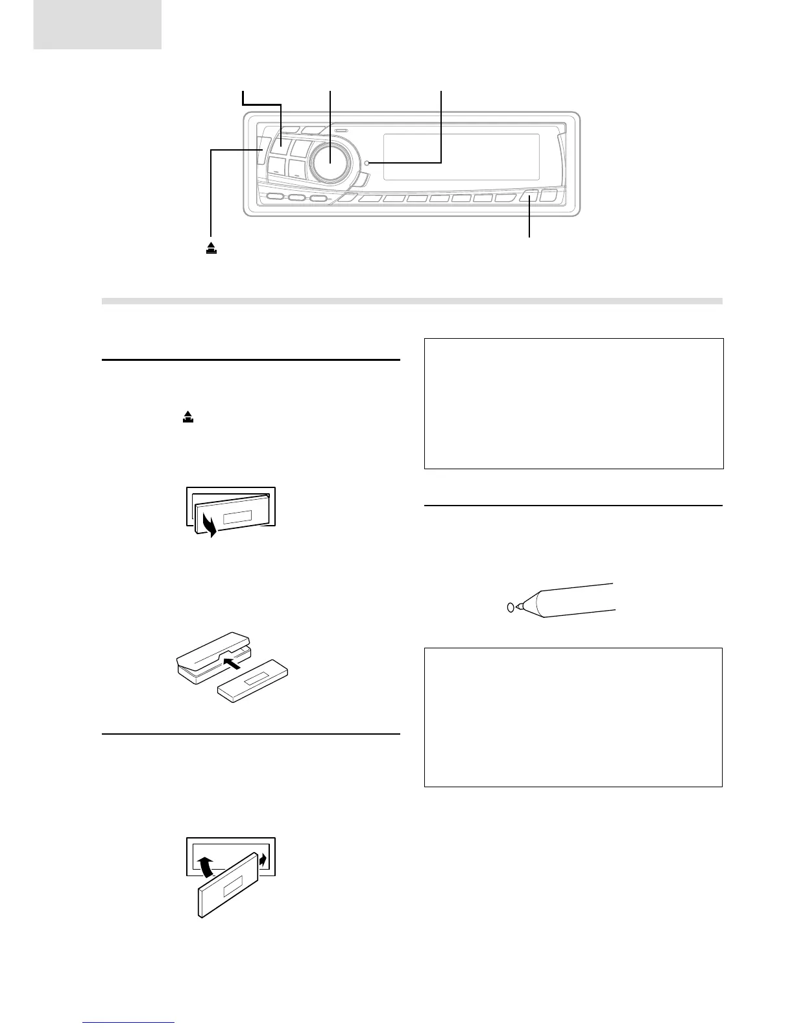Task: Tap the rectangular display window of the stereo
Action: click(x=461, y=157)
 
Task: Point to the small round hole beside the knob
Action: click(x=367, y=163)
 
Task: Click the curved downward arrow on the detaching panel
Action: click(x=208, y=523)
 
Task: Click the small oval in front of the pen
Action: click(x=510, y=607)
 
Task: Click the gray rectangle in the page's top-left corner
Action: click(x=97, y=24)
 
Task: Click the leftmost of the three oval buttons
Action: click(x=275, y=198)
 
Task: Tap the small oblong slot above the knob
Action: click(x=342, y=130)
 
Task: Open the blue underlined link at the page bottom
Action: click(x=129, y=1023)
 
